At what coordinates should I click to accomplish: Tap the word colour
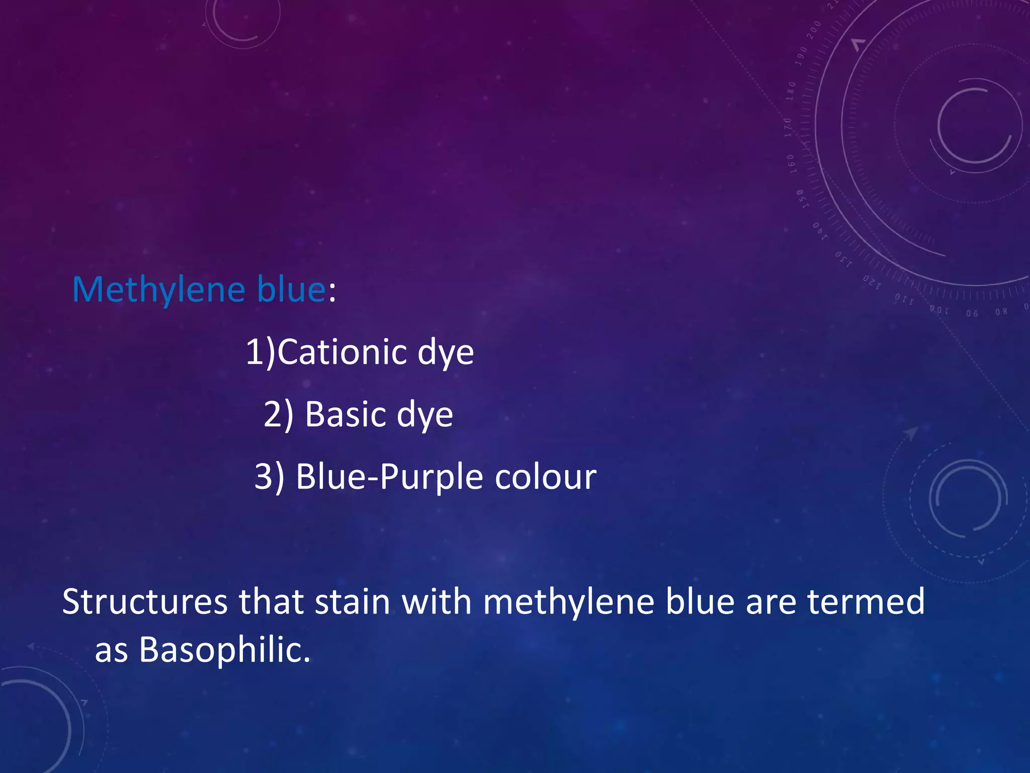(545, 477)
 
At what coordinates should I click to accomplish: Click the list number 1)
(261, 352)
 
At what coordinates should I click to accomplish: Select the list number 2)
(279, 414)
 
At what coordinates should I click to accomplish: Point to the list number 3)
(270, 477)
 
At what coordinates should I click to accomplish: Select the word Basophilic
(224, 650)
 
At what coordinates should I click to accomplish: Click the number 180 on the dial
(791, 91)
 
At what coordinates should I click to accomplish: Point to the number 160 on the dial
(792, 164)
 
